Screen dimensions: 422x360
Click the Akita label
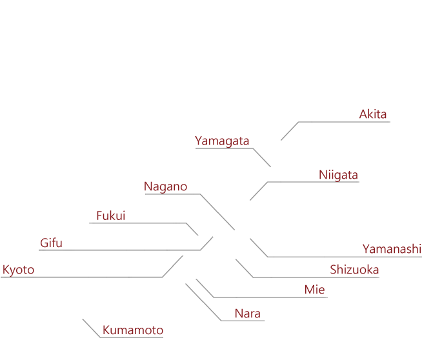point(373,114)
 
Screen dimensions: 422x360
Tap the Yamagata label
point(222,141)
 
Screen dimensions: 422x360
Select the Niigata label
point(338,175)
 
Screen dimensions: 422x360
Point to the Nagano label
point(166,186)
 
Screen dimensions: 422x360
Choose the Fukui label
point(111,215)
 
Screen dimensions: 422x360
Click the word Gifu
point(51,243)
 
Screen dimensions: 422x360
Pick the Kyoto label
point(18,270)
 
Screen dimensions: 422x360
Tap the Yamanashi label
point(392,249)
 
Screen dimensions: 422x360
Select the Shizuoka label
point(354,270)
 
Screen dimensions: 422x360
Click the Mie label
point(315,290)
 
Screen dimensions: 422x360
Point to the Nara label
point(248,314)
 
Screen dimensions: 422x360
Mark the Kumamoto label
point(133,330)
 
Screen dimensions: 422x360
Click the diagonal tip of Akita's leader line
point(281,140)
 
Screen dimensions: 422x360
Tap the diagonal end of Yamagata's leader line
point(271,167)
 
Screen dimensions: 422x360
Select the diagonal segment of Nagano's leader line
point(217,212)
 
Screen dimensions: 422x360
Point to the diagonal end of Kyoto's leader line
point(183,256)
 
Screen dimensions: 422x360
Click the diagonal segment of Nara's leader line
point(203,302)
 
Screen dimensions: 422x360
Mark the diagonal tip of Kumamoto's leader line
point(83,319)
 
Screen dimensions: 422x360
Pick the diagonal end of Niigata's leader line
point(250,200)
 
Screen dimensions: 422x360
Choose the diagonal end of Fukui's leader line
point(198,235)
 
